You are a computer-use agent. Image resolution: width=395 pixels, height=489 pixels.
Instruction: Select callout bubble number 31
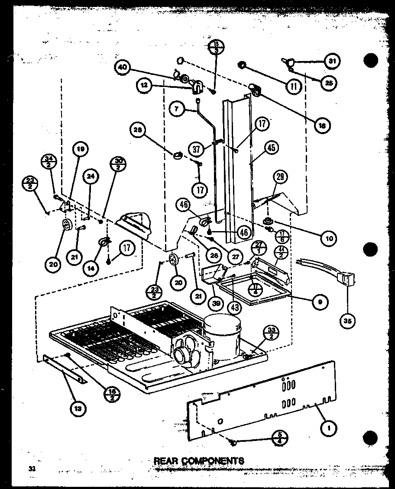point(332,61)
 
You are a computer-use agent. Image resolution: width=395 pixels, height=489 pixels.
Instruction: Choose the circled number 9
point(320,302)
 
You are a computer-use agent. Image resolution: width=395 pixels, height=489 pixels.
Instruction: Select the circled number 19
point(81,150)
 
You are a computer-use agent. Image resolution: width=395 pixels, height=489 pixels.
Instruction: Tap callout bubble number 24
point(91,176)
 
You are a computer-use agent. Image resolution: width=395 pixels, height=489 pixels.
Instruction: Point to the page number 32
point(31,469)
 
